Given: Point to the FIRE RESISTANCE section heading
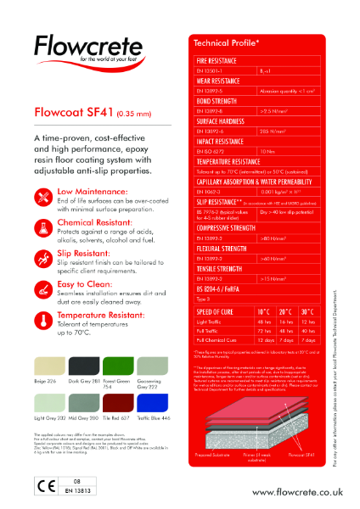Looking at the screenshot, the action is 218,62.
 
